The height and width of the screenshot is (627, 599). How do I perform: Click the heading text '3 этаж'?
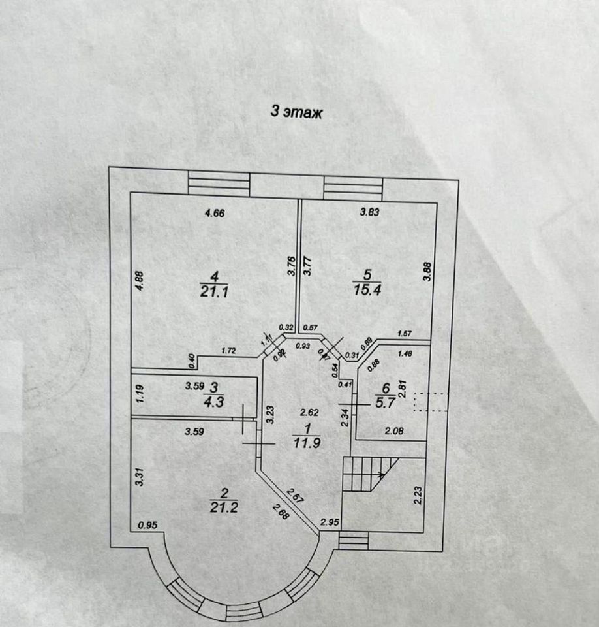[x=297, y=112]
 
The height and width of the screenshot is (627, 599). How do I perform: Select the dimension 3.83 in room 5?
[x=370, y=212]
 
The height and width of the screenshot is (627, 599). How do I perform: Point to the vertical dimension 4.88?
[x=138, y=281]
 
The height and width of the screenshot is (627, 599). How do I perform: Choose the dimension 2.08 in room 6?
[x=393, y=431]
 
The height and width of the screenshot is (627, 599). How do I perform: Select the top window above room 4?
[x=219, y=182]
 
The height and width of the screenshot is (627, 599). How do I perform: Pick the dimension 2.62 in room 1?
[x=308, y=412]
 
